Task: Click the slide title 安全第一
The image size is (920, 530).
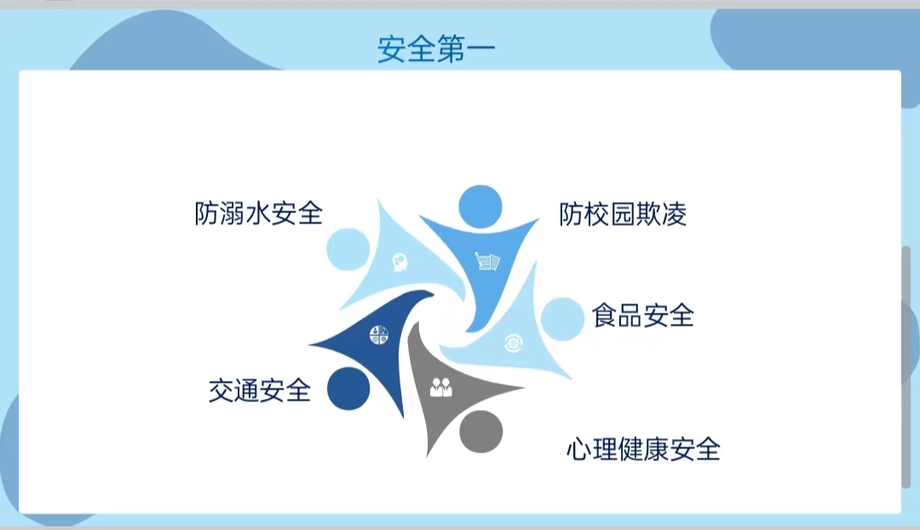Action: coord(436,49)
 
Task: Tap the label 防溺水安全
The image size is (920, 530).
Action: coord(259,214)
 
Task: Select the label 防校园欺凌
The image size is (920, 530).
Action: coord(623,214)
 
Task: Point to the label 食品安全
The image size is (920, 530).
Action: coord(643,316)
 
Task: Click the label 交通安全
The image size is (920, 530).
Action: coord(259,390)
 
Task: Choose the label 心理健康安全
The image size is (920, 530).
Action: coord(643,450)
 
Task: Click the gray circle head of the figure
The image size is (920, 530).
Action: coord(481,431)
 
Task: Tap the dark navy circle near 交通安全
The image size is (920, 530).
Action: coord(348,389)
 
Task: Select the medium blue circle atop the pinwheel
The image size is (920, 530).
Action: coord(480,206)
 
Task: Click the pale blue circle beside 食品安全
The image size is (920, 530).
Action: coord(563,319)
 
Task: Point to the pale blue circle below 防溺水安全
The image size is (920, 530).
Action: coord(348,249)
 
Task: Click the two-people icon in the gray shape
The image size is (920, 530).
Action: coord(441,388)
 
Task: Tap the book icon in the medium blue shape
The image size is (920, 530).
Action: coord(487,261)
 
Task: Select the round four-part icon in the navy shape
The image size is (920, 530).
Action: coord(379,335)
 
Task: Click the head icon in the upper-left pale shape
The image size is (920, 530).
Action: coord(400,262)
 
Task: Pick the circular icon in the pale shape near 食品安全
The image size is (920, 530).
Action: coord(514,343)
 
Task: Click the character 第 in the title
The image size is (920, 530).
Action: coord(451,49)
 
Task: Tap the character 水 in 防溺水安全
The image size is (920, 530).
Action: coord(259,214)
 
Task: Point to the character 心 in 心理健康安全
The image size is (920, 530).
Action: coord(578,450)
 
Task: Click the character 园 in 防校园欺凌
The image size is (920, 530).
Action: coord(623,214)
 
